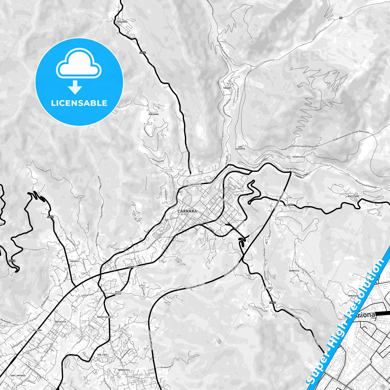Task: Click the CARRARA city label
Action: pos(187,211)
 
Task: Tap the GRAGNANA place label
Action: pos(122,22)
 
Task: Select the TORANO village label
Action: pos(227,88)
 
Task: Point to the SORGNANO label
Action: pos(154,114)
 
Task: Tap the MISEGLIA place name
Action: pos(298,157)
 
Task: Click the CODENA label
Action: pos(289,205)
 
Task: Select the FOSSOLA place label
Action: pos(74,261)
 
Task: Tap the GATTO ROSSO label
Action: pos(118,293)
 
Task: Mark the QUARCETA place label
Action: pos(294,271)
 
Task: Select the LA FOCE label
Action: pos(268,288)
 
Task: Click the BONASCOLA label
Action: pos(124,370)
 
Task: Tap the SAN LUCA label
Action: pos(103,354)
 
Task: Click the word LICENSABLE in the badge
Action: pos(79,103)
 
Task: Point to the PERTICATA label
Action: pos(60,322)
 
